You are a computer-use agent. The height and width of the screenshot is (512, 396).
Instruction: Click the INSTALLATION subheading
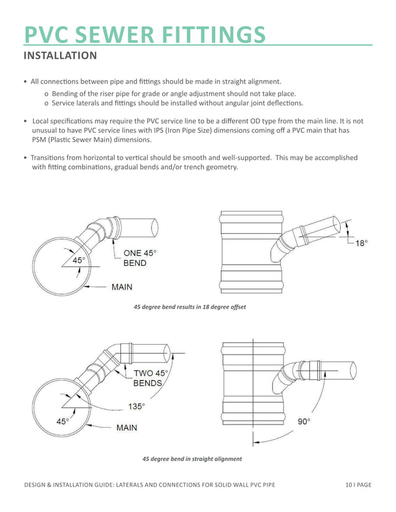tap(60, 56)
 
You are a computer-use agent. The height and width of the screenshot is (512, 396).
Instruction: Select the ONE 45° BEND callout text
tap(140, 258)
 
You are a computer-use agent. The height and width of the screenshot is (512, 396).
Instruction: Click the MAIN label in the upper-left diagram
tap(122, 287)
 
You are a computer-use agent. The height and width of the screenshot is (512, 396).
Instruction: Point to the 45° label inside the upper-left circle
tap(79, 260)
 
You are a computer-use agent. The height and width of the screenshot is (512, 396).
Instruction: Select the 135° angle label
tap(137, 407)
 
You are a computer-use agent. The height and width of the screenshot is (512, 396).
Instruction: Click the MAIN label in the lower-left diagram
tap(127, 428)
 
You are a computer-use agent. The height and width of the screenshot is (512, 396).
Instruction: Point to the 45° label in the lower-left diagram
tap(63, 421)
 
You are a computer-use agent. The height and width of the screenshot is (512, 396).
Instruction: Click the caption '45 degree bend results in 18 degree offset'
tap(190, 307)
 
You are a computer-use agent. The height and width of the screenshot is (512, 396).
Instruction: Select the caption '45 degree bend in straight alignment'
tap(192, 459)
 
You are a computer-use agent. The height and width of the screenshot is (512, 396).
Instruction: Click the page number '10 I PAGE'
tap(358, 484)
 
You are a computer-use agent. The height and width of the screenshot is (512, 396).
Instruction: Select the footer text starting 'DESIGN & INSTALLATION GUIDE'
tap(150, 484)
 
